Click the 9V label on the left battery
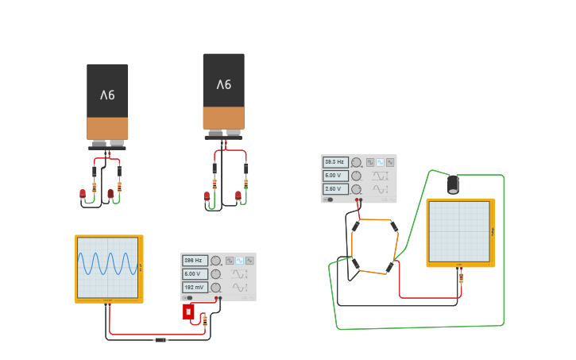(107, 95)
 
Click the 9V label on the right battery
(223, 84)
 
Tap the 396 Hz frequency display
(195, 260)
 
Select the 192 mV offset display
(195, 287)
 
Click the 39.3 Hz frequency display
(334, 162)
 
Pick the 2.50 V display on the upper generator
(334, 189)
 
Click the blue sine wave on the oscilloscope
(108, 263)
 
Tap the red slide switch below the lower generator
(188, 312)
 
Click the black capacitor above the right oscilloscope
(453, 184)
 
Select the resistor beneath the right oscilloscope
(461, 277)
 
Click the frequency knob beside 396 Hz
(215, 260)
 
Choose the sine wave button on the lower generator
(239, 260)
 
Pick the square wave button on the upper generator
(370, 162)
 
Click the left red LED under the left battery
(83, 193)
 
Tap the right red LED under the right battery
(238, 195)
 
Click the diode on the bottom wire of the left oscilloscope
(160, 339)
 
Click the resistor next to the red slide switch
(205, 319)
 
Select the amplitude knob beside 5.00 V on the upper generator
(356, 176)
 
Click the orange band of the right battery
(223, 118)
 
